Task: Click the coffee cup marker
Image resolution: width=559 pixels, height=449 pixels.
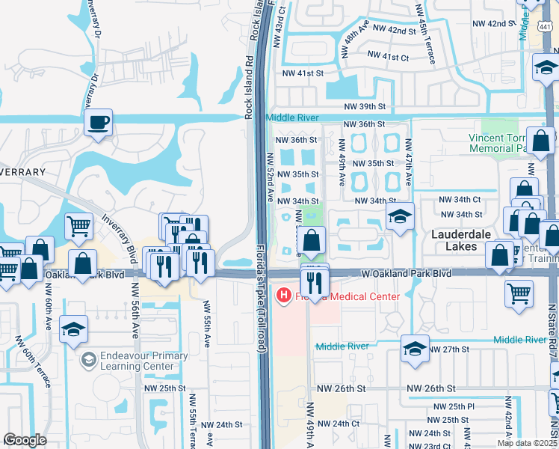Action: point(98,123)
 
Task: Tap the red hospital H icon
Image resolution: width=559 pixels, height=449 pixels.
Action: point(284,296)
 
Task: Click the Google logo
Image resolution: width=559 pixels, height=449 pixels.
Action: point(25,440)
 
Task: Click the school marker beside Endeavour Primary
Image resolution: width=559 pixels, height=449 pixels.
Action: point(74,331)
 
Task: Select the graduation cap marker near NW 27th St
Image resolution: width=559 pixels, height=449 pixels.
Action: point(416,349)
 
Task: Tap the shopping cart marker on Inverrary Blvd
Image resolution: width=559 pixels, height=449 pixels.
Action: point(78,225)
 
